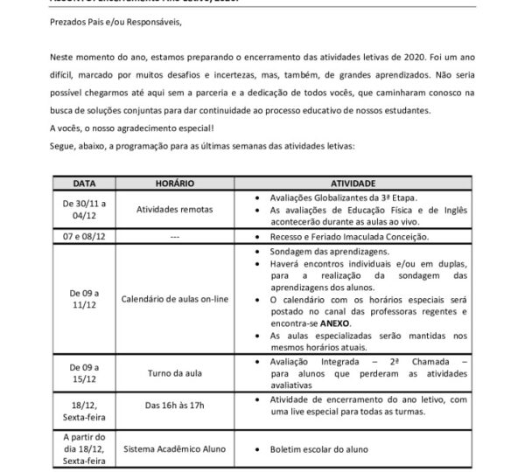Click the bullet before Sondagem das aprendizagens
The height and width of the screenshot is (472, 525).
pos(254,250)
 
